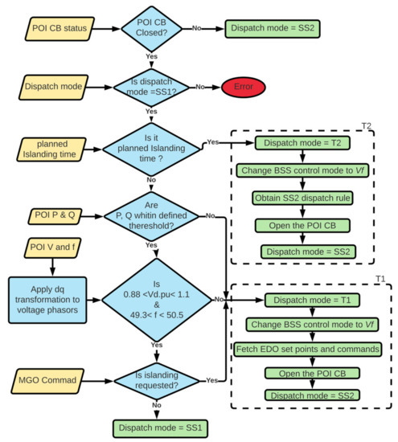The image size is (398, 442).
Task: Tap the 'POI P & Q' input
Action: (x=50, y=215)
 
